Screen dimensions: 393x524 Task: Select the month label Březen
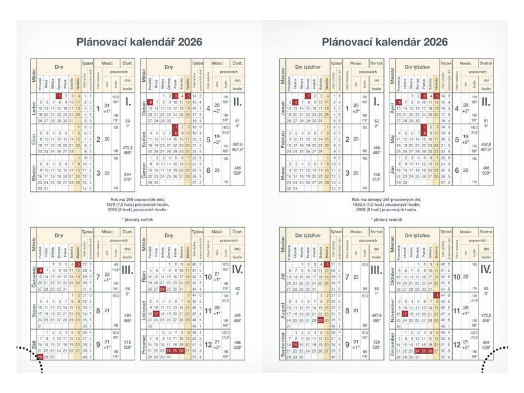point(34,173)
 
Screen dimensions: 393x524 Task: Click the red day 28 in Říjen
point(163,288)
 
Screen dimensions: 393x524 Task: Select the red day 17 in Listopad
point(156,313)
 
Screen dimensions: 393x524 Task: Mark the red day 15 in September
point(296,345)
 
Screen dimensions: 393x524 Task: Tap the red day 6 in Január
point(296,102)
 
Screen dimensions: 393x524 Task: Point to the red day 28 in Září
point(40,357)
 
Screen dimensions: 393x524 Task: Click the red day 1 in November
point(437,295)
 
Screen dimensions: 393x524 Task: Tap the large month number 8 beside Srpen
point(98,311)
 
